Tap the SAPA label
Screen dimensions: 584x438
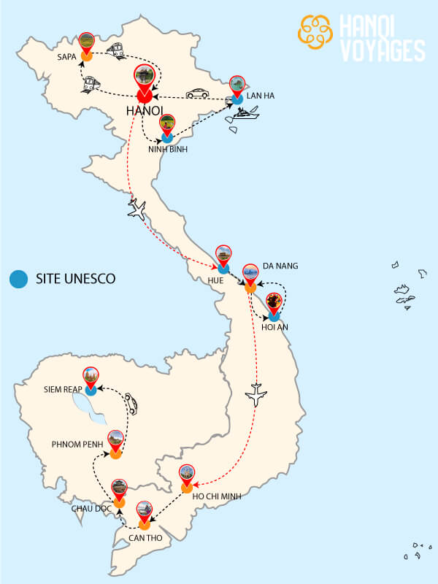coord(66,55)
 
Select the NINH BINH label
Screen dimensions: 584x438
coord(168,150)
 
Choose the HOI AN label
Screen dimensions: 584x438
coord(274,327)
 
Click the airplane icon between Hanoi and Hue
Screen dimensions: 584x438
coord(137,210)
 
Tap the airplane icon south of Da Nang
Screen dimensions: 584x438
coord(256,394)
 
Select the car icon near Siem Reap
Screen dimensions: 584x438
coord(130,403)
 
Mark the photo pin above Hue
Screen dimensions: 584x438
coord(224,255)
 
